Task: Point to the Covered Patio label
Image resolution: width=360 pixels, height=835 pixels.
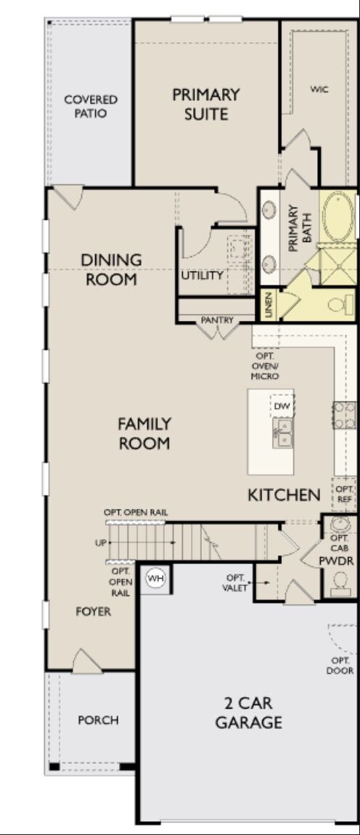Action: [91, 106]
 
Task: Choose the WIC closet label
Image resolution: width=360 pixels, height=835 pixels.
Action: [320, 89]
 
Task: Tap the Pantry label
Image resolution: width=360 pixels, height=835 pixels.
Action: [216, 319]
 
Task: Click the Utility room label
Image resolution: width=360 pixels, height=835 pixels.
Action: [202, 275]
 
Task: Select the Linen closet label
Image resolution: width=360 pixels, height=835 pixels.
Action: [268, 304]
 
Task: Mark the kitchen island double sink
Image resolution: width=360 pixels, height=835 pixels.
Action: [282, 433]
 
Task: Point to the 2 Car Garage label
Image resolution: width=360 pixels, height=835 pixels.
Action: [248, 712]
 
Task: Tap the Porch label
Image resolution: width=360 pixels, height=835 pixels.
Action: [98, 720]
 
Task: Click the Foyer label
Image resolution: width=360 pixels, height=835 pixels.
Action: [94, 611]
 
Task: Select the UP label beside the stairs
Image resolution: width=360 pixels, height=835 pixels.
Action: [99, 542]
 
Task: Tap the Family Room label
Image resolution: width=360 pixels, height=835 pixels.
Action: [144, 433]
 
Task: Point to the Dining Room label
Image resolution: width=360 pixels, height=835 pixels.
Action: [111, 269]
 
